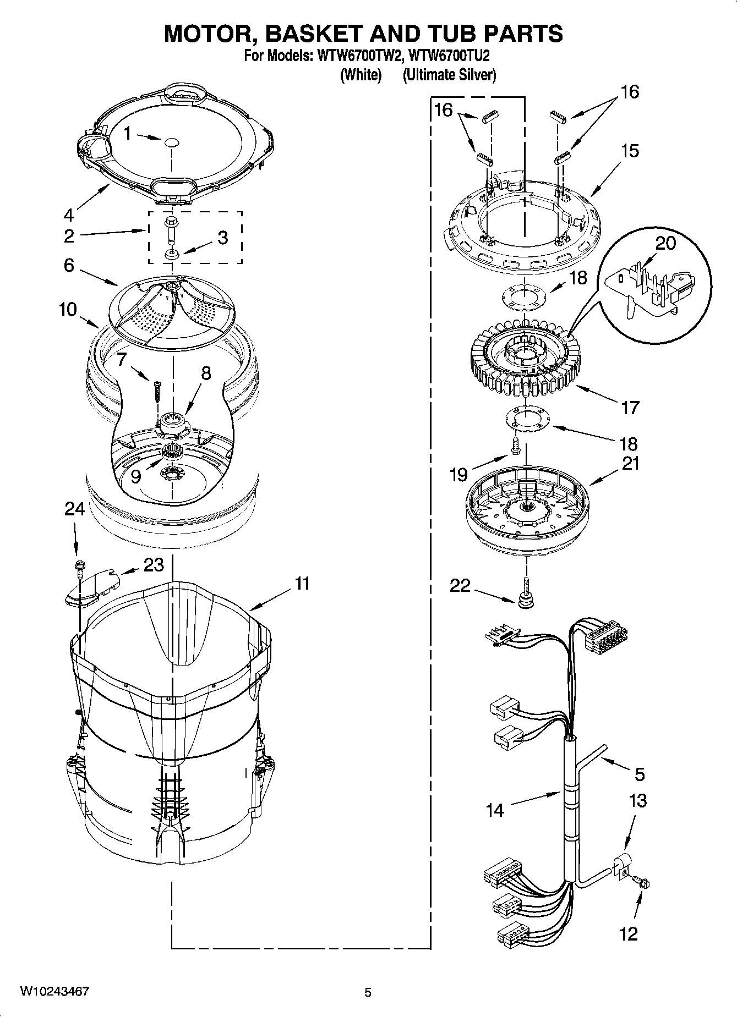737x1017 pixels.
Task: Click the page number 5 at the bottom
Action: coord(368,992)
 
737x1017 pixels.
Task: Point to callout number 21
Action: coord(630,463)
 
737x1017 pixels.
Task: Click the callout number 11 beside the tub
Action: coord(302,583)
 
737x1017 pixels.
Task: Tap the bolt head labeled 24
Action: coord(79,565)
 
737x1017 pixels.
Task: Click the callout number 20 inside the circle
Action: coord(665,243)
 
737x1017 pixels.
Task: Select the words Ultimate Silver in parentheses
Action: coord(449,75)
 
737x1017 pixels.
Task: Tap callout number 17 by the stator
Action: coord(631,408)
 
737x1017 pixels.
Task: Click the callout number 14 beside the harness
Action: coord(495,810)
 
